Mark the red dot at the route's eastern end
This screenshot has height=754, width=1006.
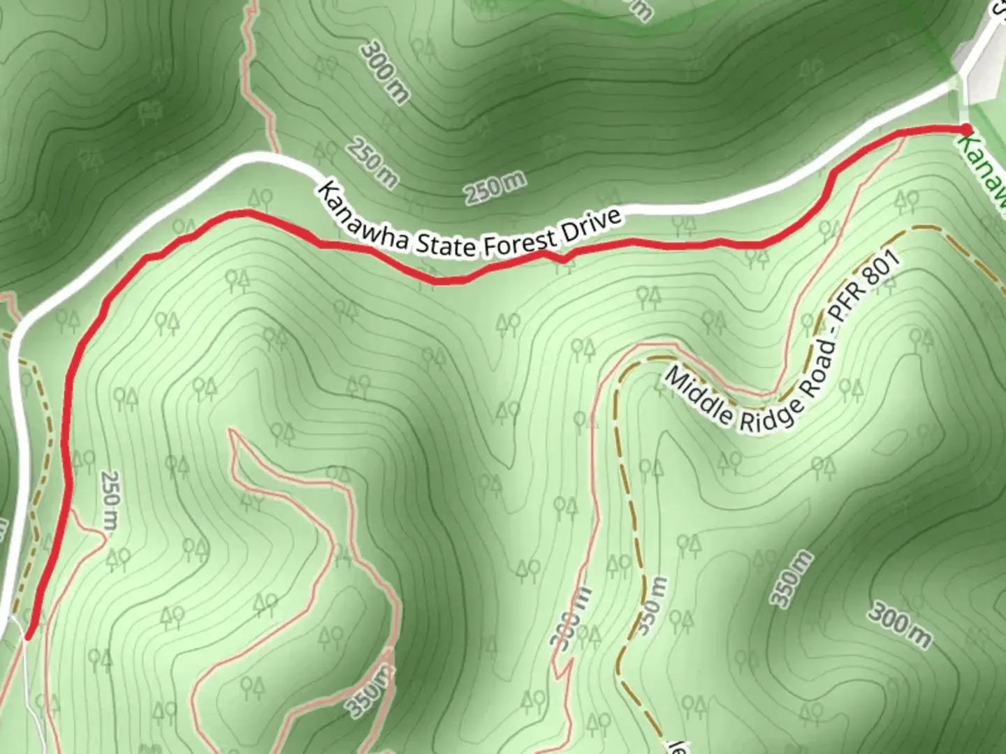[x=965, y=129]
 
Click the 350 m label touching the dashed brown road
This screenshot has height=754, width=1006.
[x=650, y=605]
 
